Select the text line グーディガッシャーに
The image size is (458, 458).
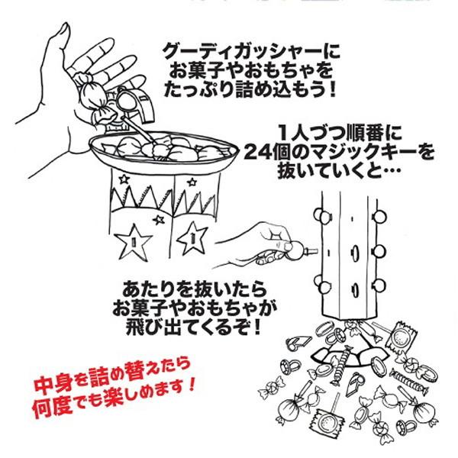(x=251, y=51)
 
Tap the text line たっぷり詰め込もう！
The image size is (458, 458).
(x=251, y=92)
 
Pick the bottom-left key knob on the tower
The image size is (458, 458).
(x=318, y=288)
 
